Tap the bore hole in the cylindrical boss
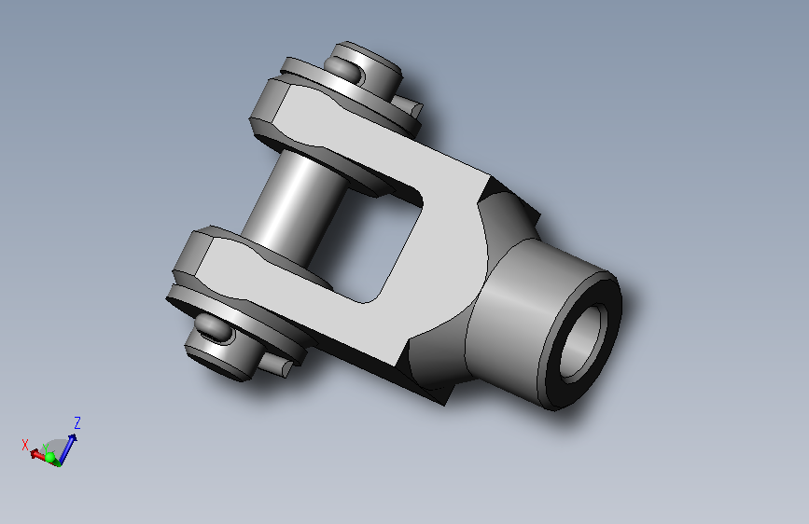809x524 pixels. [582, 342]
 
